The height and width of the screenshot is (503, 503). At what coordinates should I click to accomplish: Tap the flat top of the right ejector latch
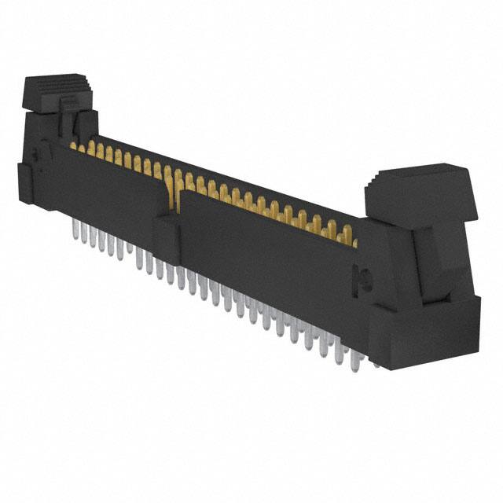point(417,178)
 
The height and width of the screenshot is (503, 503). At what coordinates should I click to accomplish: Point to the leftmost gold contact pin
point(73,145)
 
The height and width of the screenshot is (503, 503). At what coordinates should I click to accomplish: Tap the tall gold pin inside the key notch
point(178,179)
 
